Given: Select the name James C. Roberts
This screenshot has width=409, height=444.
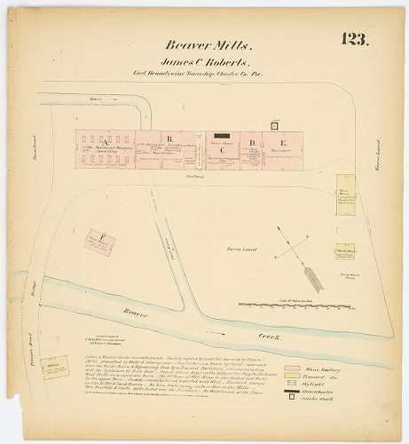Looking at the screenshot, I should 203,63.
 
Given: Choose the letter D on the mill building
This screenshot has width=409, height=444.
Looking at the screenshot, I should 252,142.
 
